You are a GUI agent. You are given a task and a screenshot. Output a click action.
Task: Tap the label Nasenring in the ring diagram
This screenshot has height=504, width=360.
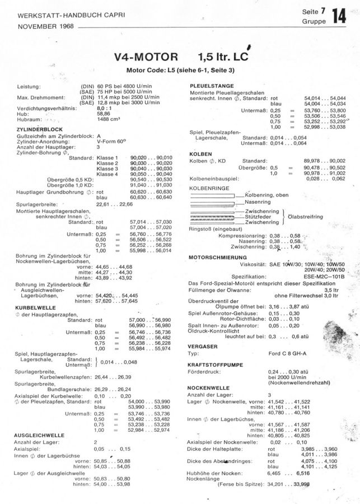click(x=258, y=202)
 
